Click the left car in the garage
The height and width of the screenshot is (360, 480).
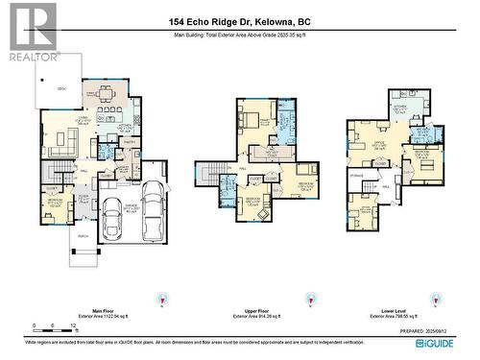pos(111,222)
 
